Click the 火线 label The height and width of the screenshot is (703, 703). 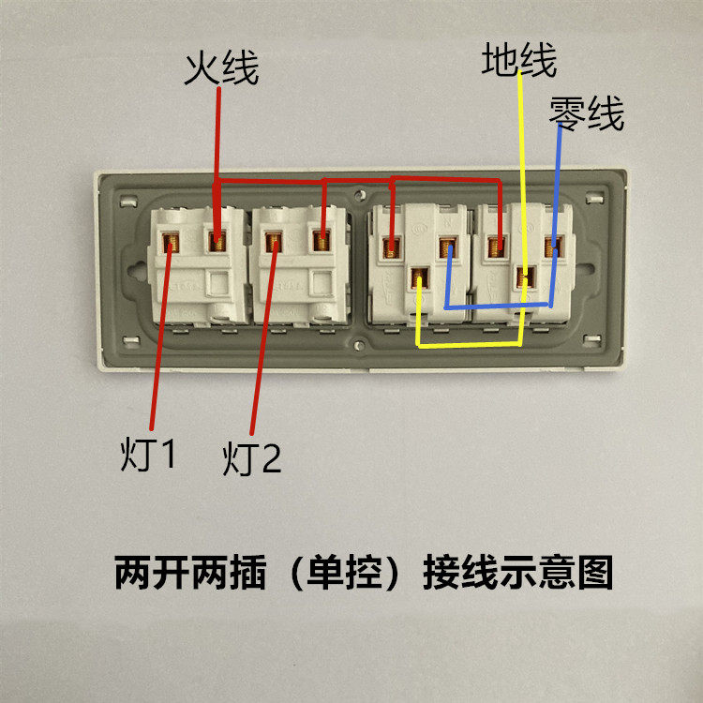tap(220, 68)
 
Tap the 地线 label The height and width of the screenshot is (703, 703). tap(519, 61)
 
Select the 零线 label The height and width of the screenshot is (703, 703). tap(587, 114)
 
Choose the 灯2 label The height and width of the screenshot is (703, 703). tap(252, 459)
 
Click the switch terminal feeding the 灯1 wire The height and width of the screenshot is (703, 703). tap(172, 244)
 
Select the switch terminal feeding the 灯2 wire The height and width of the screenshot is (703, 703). tap(275, 244)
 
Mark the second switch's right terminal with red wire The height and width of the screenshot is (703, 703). tap(322, 242)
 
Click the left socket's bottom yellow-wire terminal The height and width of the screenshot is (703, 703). tap(420, 277)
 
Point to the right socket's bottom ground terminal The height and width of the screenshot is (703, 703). tap(526, 277)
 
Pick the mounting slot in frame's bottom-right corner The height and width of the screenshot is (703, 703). tap(592, 339)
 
